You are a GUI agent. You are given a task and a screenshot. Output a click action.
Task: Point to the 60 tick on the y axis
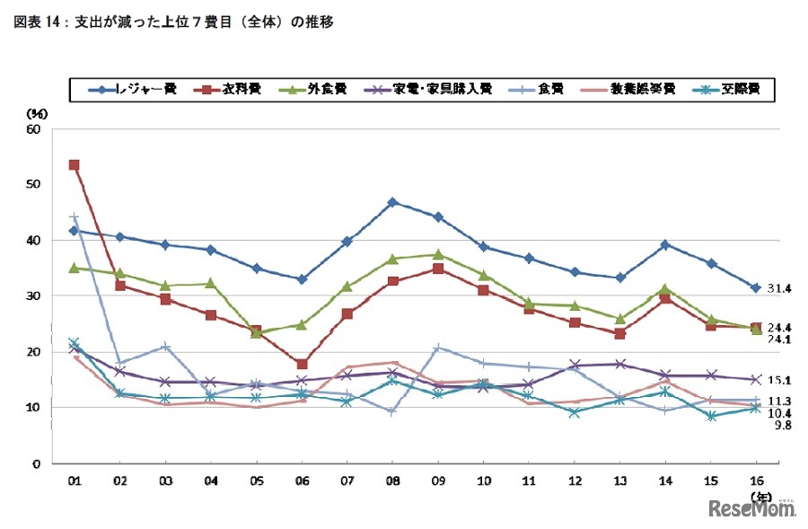[35, 129]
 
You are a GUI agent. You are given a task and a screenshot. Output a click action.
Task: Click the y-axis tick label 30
[35, 296]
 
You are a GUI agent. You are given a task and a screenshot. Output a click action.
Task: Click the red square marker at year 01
[74, 165]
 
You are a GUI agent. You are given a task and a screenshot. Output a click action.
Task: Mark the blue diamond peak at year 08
[392, 202]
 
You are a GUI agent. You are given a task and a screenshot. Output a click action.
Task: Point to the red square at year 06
[302, 364]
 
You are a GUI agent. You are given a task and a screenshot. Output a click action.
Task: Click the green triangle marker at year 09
[438, 254]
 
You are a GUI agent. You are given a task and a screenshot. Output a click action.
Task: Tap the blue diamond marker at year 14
[664, 244]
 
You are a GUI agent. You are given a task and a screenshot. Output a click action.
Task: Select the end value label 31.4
[777, 288]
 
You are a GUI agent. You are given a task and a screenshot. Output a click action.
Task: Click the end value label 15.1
[777, 381]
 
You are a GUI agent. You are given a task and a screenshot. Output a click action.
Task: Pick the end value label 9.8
[777, 425]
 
